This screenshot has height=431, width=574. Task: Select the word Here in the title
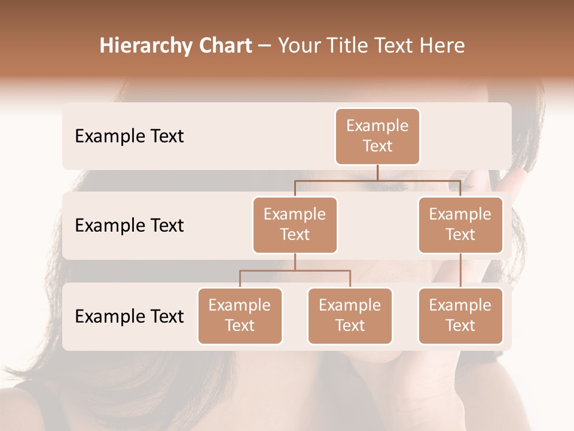442,46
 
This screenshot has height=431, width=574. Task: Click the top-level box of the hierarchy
377,136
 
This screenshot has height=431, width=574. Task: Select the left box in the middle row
295,224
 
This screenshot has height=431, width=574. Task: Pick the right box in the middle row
460,224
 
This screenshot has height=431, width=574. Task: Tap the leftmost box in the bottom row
240,315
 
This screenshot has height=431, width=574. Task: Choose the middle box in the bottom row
350,315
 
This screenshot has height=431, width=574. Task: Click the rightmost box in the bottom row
460,315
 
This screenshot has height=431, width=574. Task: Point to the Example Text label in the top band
129,136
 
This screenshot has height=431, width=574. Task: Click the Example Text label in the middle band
129,226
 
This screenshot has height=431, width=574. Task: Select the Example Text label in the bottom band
129,317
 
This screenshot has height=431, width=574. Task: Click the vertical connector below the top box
377,172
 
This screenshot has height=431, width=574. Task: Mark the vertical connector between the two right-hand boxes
460,271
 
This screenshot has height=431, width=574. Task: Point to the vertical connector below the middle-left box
295,262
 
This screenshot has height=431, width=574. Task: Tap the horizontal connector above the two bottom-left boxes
295,271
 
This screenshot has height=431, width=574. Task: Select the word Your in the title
298,46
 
